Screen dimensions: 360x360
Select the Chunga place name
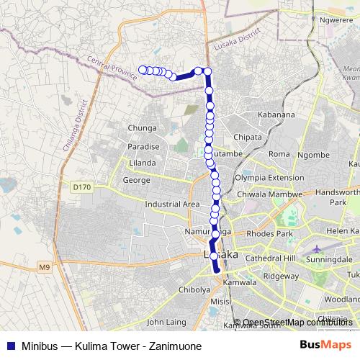142,128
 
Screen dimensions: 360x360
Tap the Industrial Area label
172,204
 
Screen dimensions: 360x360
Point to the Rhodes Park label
270,233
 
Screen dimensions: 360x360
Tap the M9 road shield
45,269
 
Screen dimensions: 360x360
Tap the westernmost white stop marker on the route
142,69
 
